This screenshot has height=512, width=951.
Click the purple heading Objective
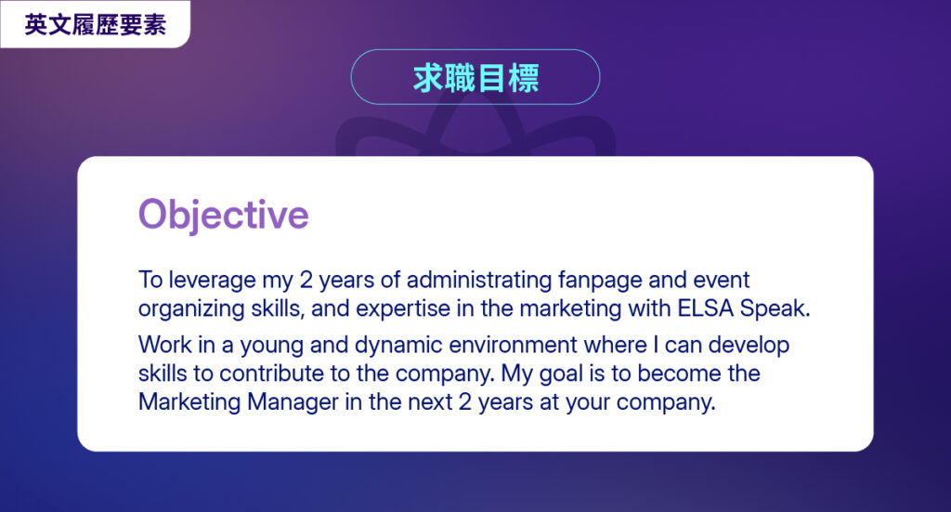pos(223,215)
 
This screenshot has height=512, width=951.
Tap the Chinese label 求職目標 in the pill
pos(475,78)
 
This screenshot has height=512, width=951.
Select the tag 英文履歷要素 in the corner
pos(96,25)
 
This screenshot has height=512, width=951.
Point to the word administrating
pos(479,280)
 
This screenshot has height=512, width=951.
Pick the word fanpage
pos(599,281)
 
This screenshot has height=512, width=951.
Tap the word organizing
pos(191,309)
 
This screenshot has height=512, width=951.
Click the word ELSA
pos(706,309)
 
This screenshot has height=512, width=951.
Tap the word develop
pos(749,346)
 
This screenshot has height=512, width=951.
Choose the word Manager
pos(293,402)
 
